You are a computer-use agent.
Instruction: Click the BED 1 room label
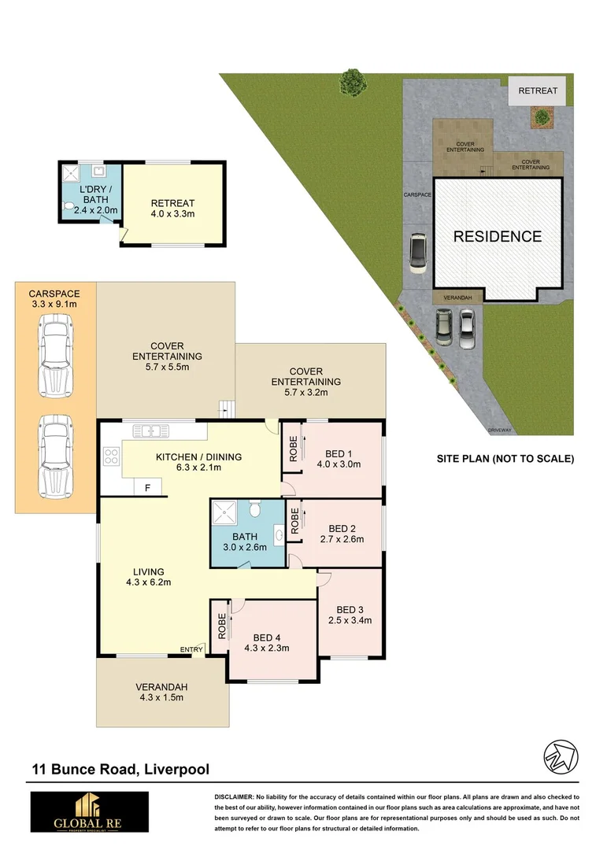click(342, 458)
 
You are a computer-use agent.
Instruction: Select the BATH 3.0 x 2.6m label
click(246, 541)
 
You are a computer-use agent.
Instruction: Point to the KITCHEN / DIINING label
click(198, 462)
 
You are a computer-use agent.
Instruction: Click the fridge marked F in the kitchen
click(146, 488)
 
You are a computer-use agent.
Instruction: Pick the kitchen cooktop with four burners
click(111, 456)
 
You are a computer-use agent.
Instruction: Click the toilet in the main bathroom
click(254, 510)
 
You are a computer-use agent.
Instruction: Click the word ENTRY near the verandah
click(191, 649)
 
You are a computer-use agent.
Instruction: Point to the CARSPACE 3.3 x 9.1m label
click(54, 298)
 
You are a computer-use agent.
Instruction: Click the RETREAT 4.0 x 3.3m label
click(172, 209)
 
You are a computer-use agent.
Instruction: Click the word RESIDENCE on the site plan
click(497, 236)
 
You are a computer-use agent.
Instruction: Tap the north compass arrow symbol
click(558, 757)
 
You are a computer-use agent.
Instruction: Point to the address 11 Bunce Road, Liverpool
click(120, 769)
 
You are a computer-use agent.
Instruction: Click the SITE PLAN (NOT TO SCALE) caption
click(505, 458)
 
